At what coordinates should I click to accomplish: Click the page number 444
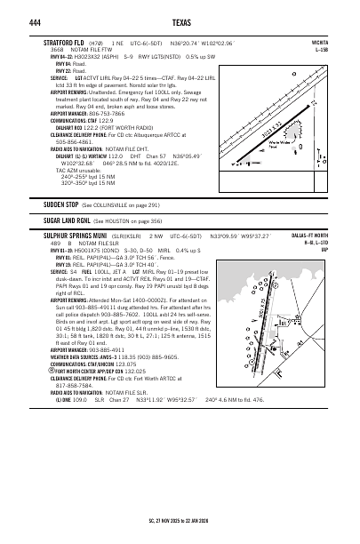click(x=50, y=20)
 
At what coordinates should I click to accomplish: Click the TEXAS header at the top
click(x=179, y=20)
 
